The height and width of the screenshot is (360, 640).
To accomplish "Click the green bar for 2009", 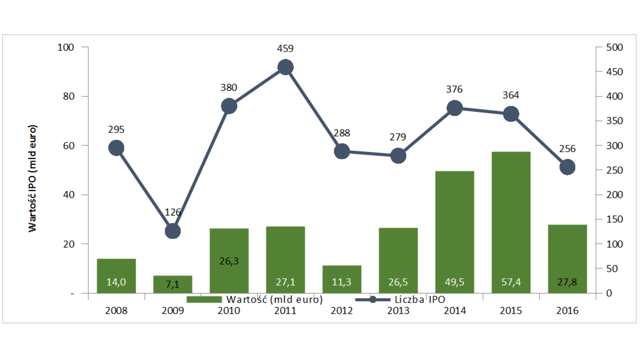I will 172,284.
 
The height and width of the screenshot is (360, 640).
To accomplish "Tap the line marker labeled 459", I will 285,67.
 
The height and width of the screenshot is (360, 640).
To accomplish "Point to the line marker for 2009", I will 172,231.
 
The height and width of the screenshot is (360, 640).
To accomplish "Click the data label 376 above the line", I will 455,90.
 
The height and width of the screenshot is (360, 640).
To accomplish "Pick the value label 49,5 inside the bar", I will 455,282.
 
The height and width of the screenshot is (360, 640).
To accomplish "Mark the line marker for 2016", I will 567,167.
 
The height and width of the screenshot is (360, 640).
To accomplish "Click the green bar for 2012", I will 342,278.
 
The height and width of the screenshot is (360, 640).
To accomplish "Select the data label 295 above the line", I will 116,130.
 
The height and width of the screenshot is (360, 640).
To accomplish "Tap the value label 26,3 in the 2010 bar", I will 229,261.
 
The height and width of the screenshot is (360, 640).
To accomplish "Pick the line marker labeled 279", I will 398,156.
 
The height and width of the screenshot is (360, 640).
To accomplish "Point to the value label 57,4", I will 511,282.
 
